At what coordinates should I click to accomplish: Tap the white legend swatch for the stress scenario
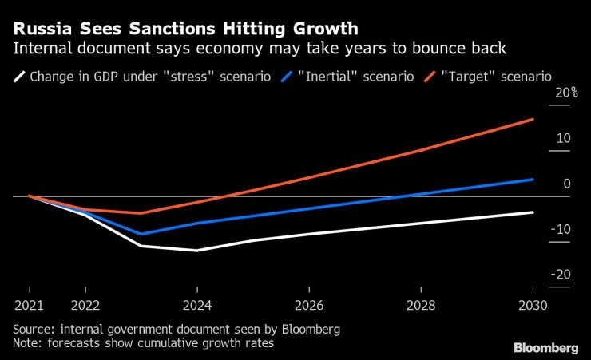(18, 77)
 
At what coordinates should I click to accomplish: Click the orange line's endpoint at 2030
(533, 119)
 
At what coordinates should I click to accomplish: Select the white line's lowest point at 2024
(197, 251)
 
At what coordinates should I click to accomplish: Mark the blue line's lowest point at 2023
(141, 234)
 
